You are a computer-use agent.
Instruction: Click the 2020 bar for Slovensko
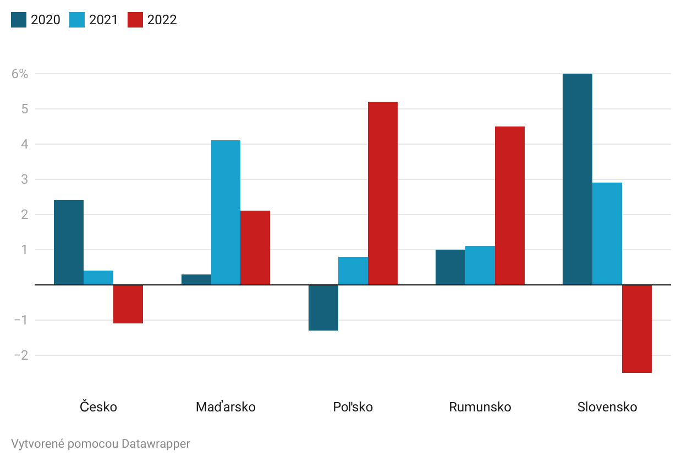coord(577,179)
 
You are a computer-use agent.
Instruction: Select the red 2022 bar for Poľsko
coord(382,193)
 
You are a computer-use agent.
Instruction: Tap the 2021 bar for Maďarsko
coord(226,212)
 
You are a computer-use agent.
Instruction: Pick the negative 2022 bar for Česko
coord(128,304)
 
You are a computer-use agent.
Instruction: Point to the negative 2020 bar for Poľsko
coord(323,307)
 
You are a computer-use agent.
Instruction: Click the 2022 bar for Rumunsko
coord(509,206)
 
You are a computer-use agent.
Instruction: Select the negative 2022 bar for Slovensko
coord(636,329)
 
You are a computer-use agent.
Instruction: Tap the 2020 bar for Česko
coord(69,243)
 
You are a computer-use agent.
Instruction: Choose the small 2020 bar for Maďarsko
coord(196,279)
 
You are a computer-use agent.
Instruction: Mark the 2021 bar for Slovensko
coord(607,234)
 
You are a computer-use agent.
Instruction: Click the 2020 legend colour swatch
coord(19,20)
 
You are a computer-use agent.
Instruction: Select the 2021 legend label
coord(104,20)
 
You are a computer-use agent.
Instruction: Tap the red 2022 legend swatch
coord(135,20)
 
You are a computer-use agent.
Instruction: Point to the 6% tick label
coord(20,74)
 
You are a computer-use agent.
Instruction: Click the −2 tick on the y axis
coord(20,355)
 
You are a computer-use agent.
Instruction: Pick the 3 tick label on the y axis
coord(24,179)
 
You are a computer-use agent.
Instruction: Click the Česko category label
coord(98,407)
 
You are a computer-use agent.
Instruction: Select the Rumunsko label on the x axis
coord(480,407)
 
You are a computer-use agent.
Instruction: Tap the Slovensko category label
coord(607,407)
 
